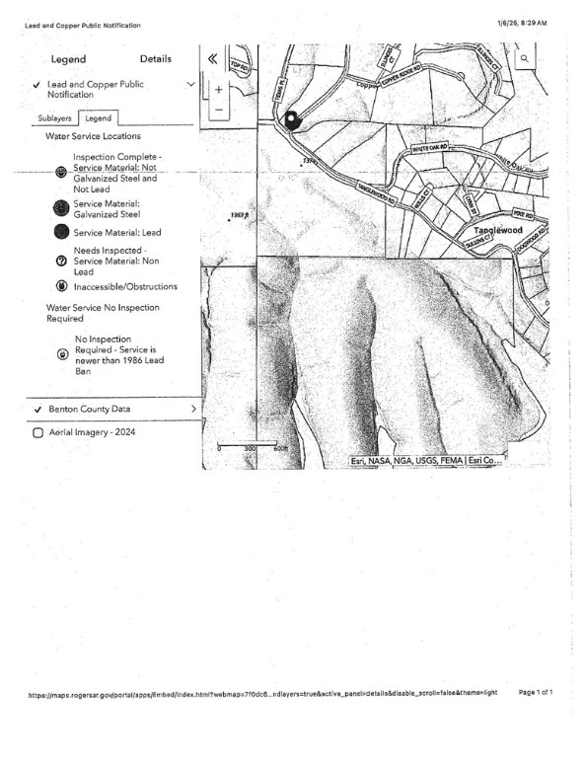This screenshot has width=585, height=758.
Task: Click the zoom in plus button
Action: coord(218,88)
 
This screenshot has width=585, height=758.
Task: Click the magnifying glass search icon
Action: coord(525,59)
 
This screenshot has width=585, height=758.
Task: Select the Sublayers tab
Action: coord(55,117)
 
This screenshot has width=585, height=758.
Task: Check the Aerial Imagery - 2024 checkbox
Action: coord(37,432)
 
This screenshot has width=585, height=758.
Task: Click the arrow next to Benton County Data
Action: coord(192,408)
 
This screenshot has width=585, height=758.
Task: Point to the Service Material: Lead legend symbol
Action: coord(61,233)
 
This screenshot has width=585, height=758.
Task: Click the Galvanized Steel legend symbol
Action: coord(61,207)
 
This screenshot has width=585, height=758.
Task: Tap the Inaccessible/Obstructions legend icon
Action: coord(61,286)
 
